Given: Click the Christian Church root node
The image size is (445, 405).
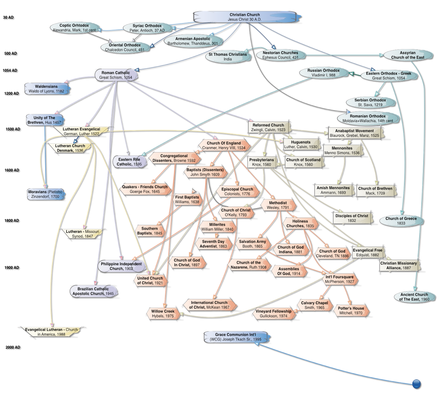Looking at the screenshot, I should pos(247,17).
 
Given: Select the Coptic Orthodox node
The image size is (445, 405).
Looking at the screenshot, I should pos(71,28).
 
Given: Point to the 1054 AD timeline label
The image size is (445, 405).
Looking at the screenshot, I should pos(10,71).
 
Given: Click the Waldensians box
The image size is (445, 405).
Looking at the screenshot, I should pos(46,89).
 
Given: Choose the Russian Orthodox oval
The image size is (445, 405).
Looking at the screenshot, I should pos(323,73).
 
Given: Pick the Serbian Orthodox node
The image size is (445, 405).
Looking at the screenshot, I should pos(370,102).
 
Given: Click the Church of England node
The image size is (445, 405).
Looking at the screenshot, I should pos(224,145).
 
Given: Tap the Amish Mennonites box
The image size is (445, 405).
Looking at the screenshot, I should pos(333,190).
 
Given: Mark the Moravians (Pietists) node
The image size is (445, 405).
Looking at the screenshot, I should pos(46,194).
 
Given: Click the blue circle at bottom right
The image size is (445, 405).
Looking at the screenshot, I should pos(417,384).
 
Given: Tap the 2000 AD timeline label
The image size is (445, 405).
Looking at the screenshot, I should pos(12,347).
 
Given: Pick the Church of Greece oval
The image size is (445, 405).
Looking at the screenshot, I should pos(401,221).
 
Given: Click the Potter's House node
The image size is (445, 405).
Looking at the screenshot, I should pos(351,311).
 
